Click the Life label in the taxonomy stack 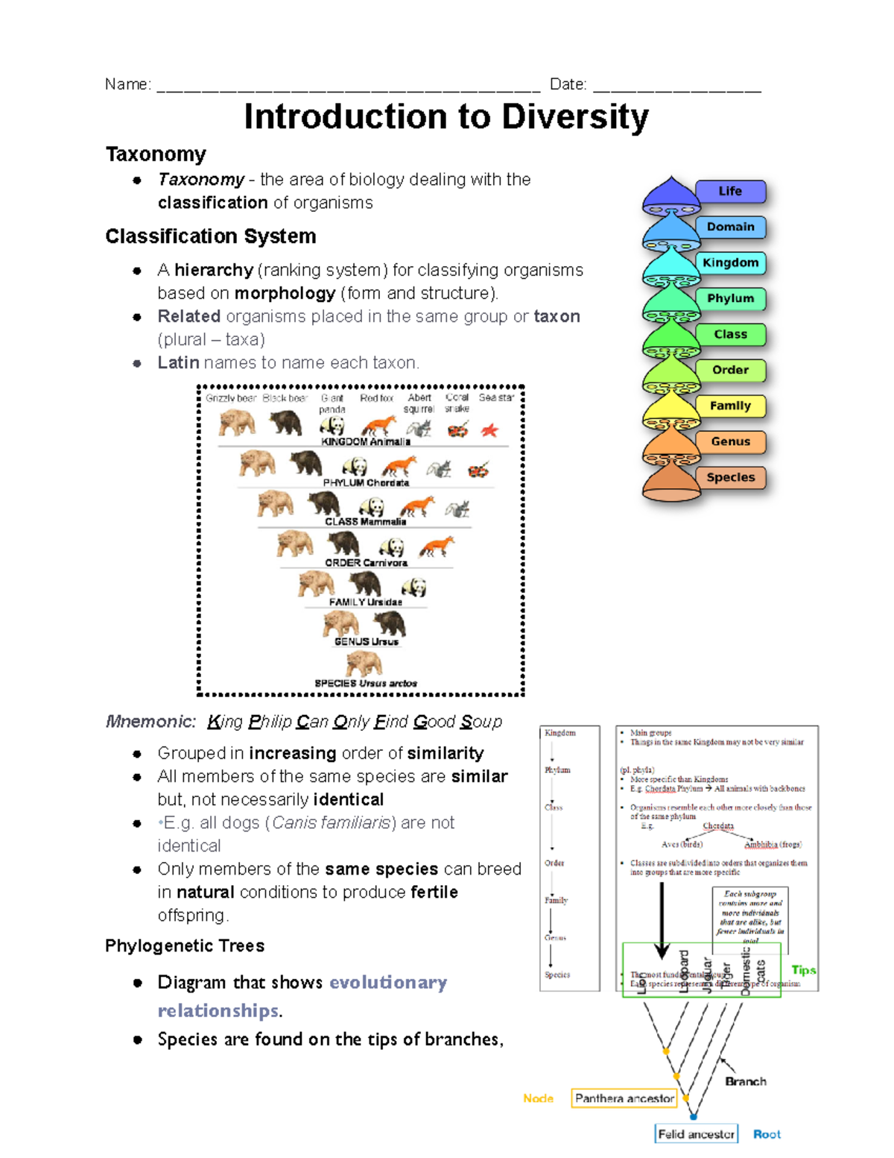point(730,192)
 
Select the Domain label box point(730,227)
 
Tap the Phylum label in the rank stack point(730,299)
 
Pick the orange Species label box point(730,478)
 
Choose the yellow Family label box point(730,406)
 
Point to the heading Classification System point(211,236)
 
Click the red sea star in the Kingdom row point(489,429)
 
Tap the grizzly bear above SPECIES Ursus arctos point(364,662)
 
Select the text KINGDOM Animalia point(365,442)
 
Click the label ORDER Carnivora point(366,563)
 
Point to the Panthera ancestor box point(624,1098)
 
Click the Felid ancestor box point(696,1134)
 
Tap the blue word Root point(767,1134)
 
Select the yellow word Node point(538,1098)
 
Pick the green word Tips point(803,970)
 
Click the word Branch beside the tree point(745,1081)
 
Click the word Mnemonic point(150,722)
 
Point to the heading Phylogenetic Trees point(185,946)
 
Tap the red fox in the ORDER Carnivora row point(437,547)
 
